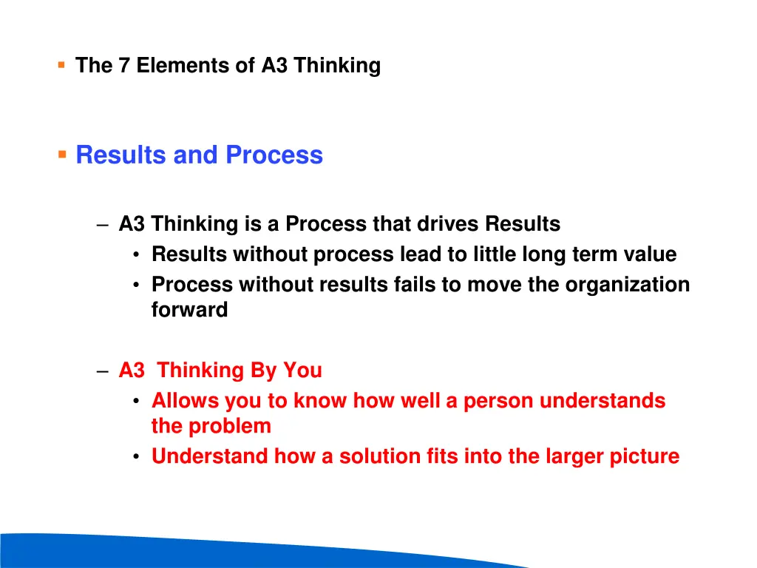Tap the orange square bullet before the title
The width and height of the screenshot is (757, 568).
[x=61, y=65]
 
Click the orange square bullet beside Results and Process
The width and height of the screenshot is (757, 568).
[x=62, y=155]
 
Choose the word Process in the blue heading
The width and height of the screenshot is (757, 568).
[x=274, y=155]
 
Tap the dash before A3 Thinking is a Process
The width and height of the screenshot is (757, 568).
[x=103, y=224]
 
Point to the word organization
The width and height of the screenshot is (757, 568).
[x=628, y=285]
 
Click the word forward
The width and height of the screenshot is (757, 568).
[x=189, y=310]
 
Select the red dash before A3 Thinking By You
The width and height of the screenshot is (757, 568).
[x=103, y=371]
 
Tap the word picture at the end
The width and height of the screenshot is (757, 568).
[x=643, y=456]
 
